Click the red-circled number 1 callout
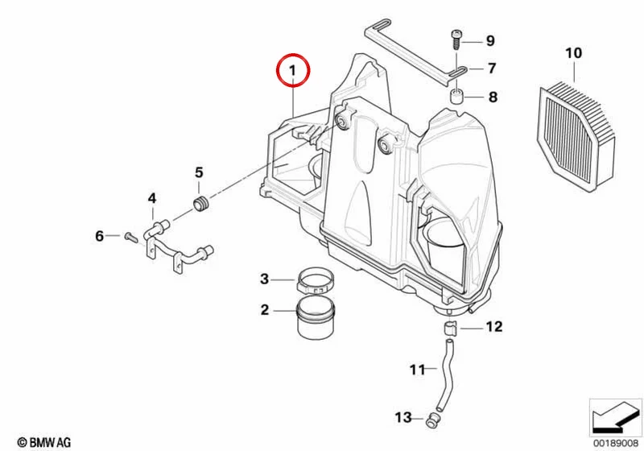(x=293, y=70)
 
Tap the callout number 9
(x=490, y=40)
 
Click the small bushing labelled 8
(x=456, y=97)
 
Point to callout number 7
(x=492, y=68)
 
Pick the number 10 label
(x=573, y=53)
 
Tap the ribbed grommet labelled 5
(x=201, y=205)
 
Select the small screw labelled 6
(x=130, y=237)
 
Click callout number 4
(x=152, y=198)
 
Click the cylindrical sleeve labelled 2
(x=316, y=318)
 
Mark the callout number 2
(x=265, y=310)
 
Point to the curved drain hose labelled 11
(x=445, y=374)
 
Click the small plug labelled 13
(x=432, y=420)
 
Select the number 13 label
(x=403, y=417)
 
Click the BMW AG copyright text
(x=44, y=442)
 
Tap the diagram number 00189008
(x=616, y=443)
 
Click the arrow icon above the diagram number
(x=615, y=417)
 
